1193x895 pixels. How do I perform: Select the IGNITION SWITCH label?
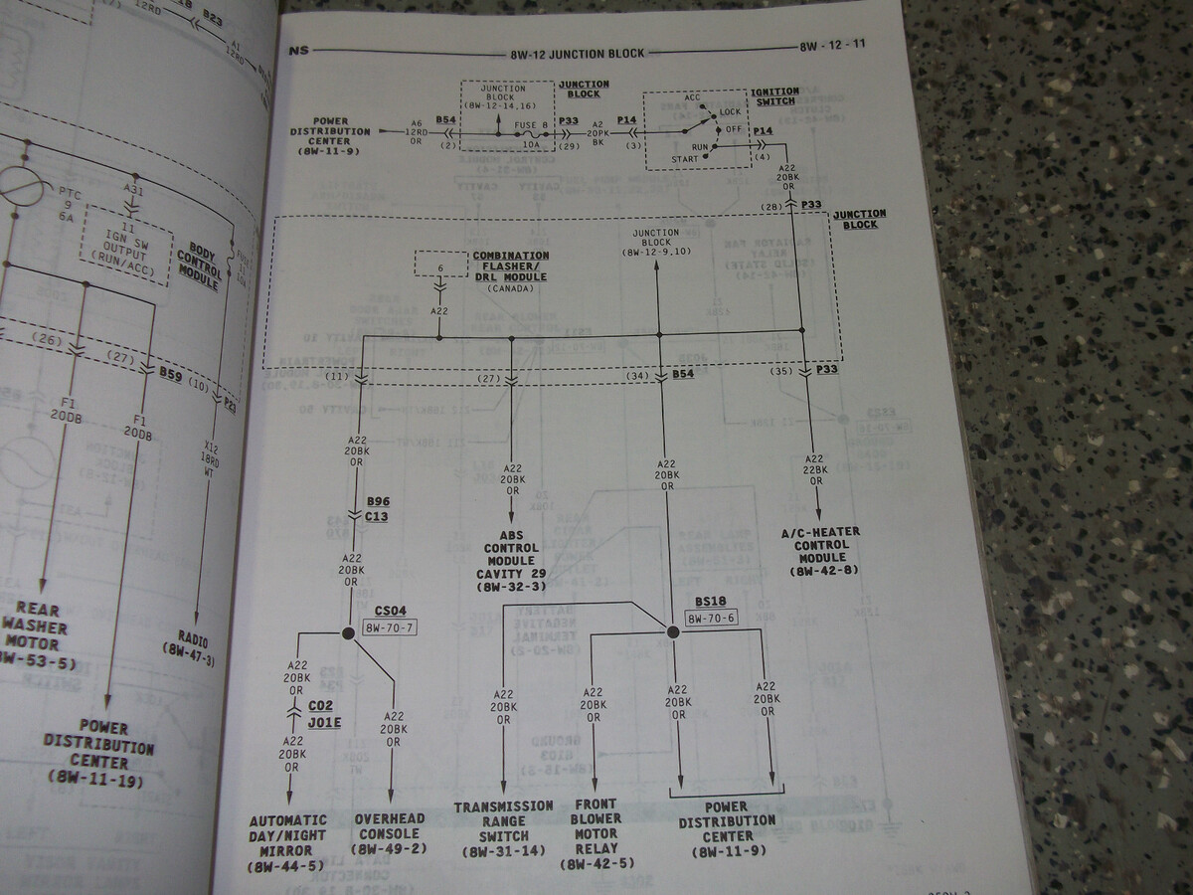(773, 95)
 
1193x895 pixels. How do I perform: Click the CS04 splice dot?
(348, 633)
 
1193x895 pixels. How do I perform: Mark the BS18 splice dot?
(672, 631)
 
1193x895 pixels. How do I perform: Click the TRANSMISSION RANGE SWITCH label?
(503, 820)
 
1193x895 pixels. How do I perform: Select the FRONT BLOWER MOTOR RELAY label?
(595, 833)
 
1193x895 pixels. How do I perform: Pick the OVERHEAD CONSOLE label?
(390, 834)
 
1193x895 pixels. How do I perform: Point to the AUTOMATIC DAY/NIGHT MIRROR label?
(289, 843)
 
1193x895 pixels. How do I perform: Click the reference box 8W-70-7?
(391, 627)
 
